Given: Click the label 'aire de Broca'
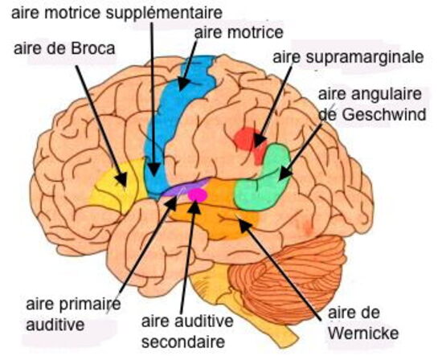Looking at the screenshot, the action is pyautogui.click(x=64, y=49).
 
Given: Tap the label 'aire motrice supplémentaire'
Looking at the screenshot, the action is pyautogui.click(x=117, y=13).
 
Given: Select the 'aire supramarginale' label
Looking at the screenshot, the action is pyautogui.click(x=348, y=58).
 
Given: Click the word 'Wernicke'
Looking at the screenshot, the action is pyautogui.click(x=363, y=333).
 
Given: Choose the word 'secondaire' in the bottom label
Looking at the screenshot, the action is pyautogui.click(x=183, y=342).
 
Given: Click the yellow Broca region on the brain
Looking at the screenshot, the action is pyautogui.click(x=117, y=186).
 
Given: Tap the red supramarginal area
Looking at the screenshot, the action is pyautogui.click(x=249, y=142).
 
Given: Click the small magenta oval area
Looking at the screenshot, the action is pyautogui.click(x=198, y=195).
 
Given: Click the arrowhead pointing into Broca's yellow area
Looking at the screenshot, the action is pyautogui.click(x=122, y=179).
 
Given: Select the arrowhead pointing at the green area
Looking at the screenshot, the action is pyautogui.click(x=285, y=173).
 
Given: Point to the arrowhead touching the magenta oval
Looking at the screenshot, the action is pyautogui.click(x=194, y=207).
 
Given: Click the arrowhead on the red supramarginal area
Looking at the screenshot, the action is pyautogui.click(x=260, y=140).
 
